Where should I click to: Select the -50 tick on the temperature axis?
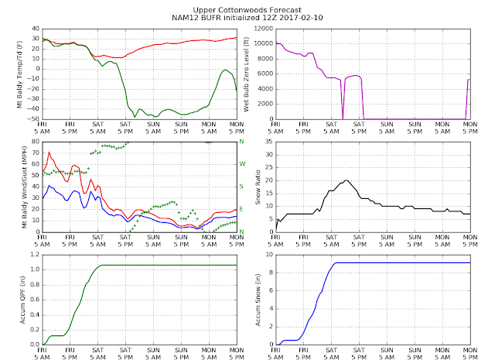[32, 118]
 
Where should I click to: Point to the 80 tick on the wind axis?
[34, 141]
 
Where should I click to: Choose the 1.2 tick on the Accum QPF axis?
[32, 254]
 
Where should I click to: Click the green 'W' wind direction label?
[241, 164]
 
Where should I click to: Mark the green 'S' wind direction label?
[241, 187]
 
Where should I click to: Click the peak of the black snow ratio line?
[346, 180]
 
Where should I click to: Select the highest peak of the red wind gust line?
[49, 152]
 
